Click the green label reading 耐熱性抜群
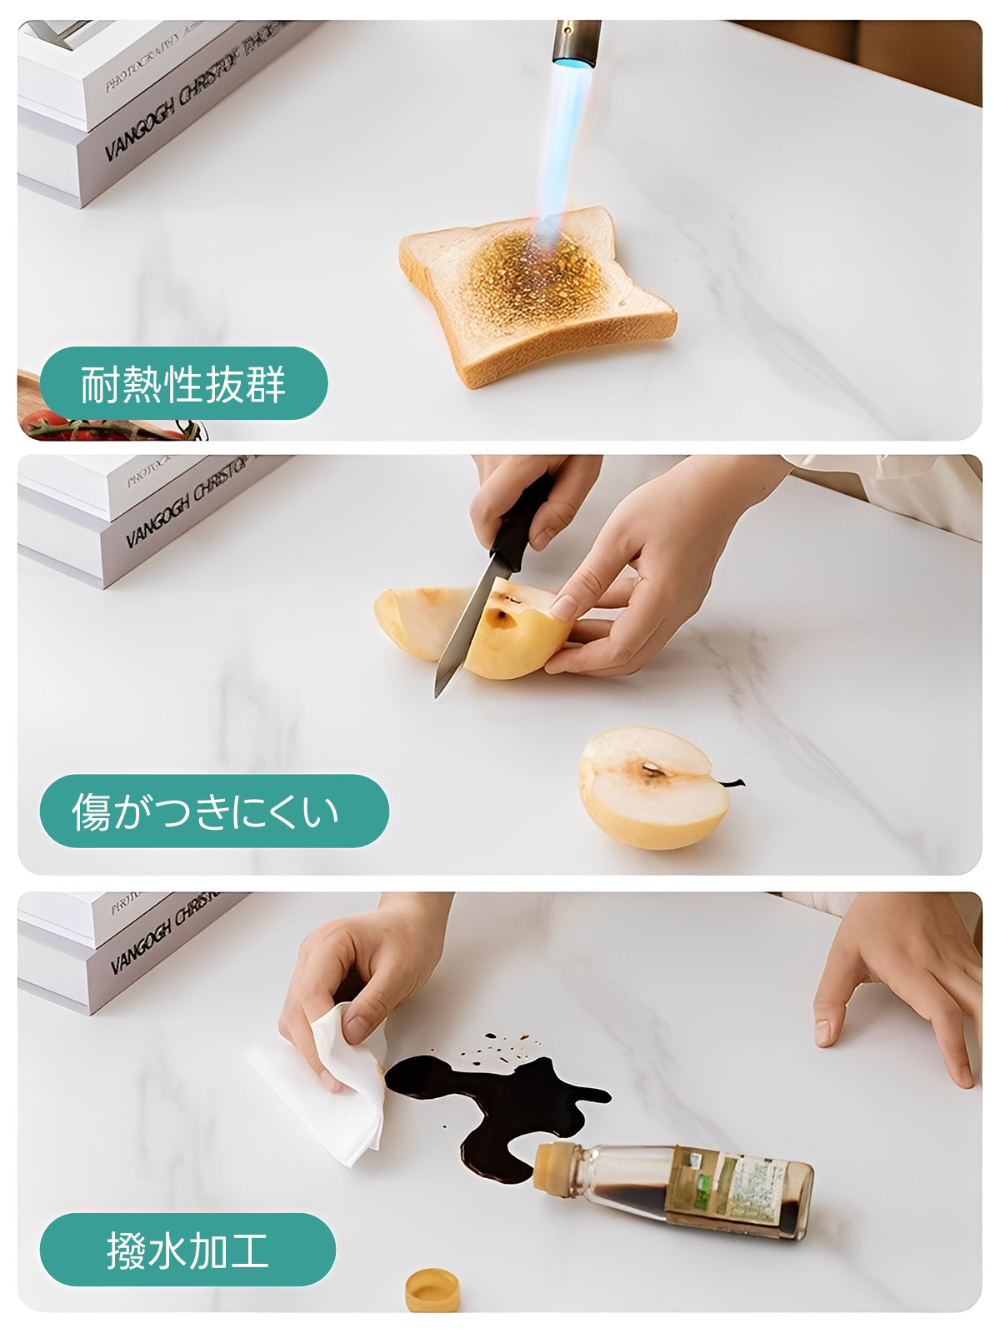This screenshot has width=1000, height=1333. pyautogui.click(x=183, y=383)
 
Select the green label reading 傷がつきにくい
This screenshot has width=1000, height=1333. pyautogui.click(x=213, y=811)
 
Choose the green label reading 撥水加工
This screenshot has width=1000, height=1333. pyautogui.click(x=187, y=1250)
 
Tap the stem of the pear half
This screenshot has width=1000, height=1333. pyautogui.click(x=731, y=782)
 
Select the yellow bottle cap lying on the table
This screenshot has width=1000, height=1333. pyautogui.click(x=432, y=1289)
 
